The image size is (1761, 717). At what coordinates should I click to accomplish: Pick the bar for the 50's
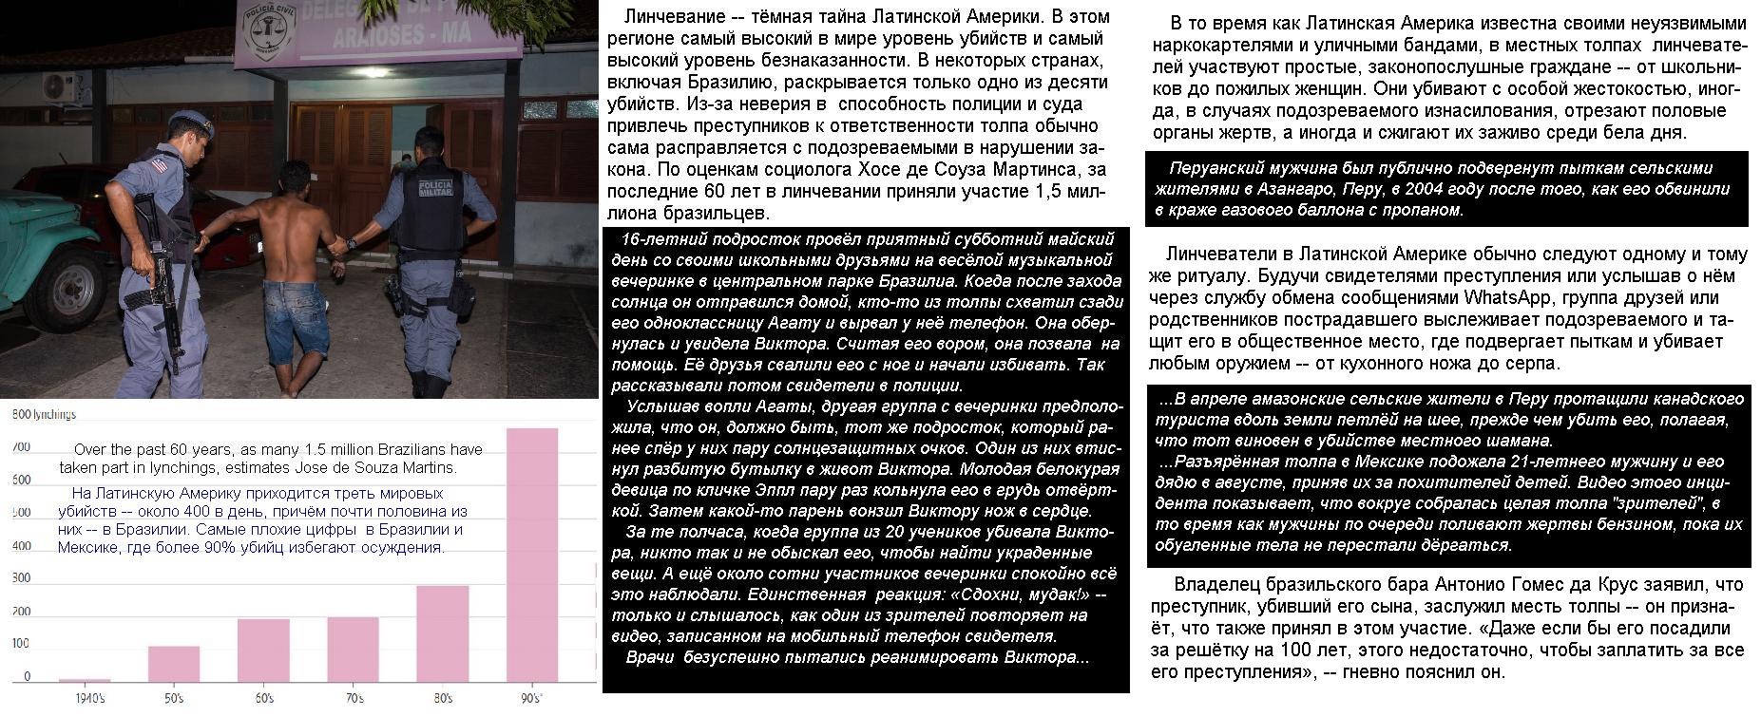174,664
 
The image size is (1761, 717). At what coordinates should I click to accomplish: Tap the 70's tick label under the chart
354,699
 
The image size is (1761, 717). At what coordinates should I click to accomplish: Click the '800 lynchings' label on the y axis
44,414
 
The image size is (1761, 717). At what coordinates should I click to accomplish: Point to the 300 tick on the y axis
21,577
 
